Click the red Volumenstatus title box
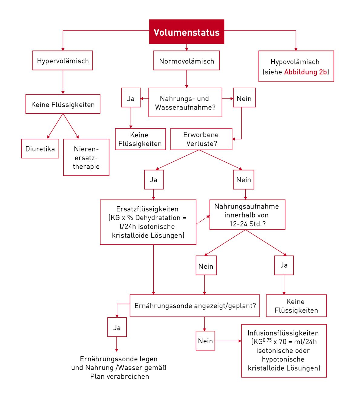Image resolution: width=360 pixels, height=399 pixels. point(186,32)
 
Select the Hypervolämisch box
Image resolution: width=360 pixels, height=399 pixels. point(63,60)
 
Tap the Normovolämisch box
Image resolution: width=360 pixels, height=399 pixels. point(186,61)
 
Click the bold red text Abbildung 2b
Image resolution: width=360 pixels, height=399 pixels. point(306,72)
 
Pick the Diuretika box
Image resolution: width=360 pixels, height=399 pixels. point(40,149)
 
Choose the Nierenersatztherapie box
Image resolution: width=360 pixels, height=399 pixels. point(86,157)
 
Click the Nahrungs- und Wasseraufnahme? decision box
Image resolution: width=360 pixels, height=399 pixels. point(185,103)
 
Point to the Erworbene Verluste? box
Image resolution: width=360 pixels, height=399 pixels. point(201,139)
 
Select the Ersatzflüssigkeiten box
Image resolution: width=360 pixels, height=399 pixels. point(148,222)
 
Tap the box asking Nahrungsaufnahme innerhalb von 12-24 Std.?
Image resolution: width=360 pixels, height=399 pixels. point(247,215)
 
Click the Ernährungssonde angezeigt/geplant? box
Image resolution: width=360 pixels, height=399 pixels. point(195,306)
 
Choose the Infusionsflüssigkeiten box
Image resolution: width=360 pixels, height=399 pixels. point(284,351)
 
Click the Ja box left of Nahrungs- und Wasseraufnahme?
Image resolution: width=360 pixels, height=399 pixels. point(131,98)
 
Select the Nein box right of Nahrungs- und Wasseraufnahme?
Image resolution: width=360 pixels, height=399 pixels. point(244,98)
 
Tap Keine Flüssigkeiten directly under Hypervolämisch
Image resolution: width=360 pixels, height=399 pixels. point(63,104)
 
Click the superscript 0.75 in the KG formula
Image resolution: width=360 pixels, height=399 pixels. point(267,340)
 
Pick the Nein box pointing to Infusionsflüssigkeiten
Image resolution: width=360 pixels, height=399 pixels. point(205,341)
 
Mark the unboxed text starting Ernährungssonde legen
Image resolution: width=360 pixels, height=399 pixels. point(119,368)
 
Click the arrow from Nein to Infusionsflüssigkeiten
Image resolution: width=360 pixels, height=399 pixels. point(228,341)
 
